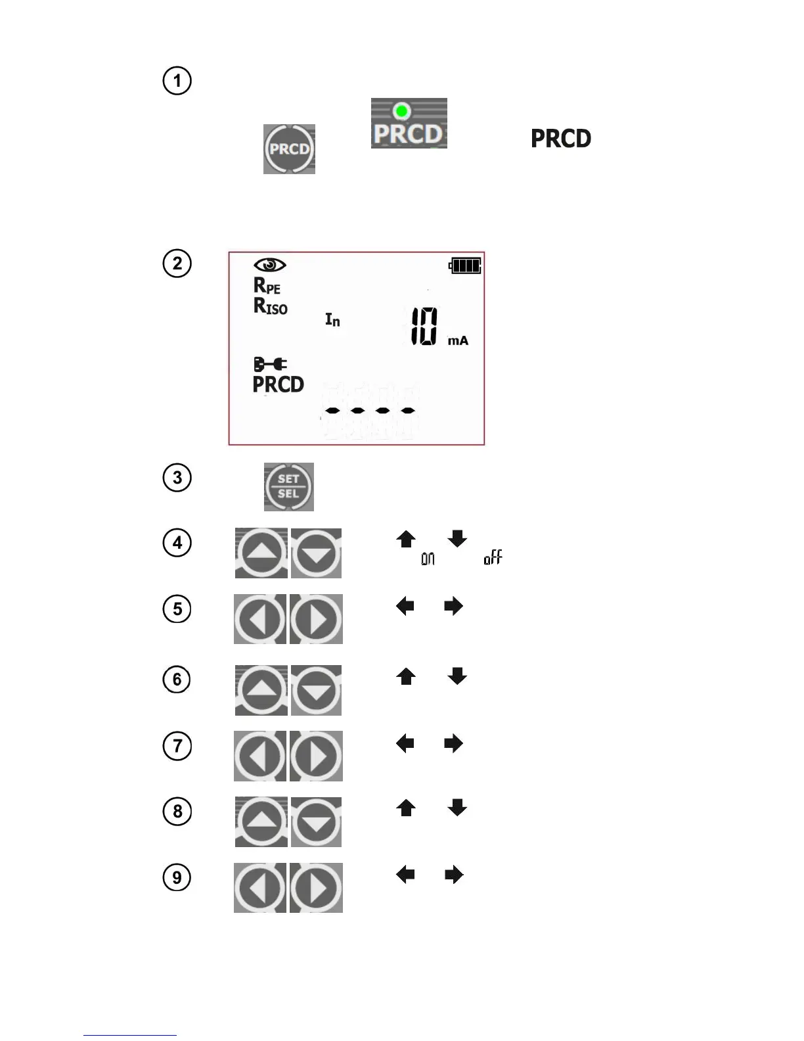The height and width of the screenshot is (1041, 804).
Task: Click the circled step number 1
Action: click(177, 81)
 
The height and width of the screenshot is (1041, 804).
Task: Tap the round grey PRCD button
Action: click(289, 149)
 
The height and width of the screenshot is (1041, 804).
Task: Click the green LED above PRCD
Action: click(401, 110)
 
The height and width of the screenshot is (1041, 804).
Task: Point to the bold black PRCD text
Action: click(561, 139)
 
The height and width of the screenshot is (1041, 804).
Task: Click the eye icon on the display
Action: click(269, 265)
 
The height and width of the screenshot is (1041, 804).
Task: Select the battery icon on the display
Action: click(465, 266)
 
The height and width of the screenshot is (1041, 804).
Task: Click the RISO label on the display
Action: click(271, 306)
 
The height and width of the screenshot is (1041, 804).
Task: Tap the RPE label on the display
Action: click(267, 286)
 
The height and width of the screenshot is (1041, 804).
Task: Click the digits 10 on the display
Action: click(424, 327)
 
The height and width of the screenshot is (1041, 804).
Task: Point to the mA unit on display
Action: click(458, 340)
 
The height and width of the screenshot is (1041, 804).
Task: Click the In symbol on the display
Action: click(333, 320)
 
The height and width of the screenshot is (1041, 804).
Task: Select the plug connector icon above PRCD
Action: click(270, 364)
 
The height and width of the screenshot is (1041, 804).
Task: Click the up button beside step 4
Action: click(261, 553)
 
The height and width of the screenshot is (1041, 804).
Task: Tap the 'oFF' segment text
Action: click(493, 558)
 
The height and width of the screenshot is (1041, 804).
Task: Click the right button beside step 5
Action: click(317, 619)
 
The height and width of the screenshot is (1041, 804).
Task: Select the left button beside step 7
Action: click(260, 756)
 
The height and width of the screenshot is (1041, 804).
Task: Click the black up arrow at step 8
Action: click(406, 808)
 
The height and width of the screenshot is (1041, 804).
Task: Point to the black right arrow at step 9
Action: click(454, 875)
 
